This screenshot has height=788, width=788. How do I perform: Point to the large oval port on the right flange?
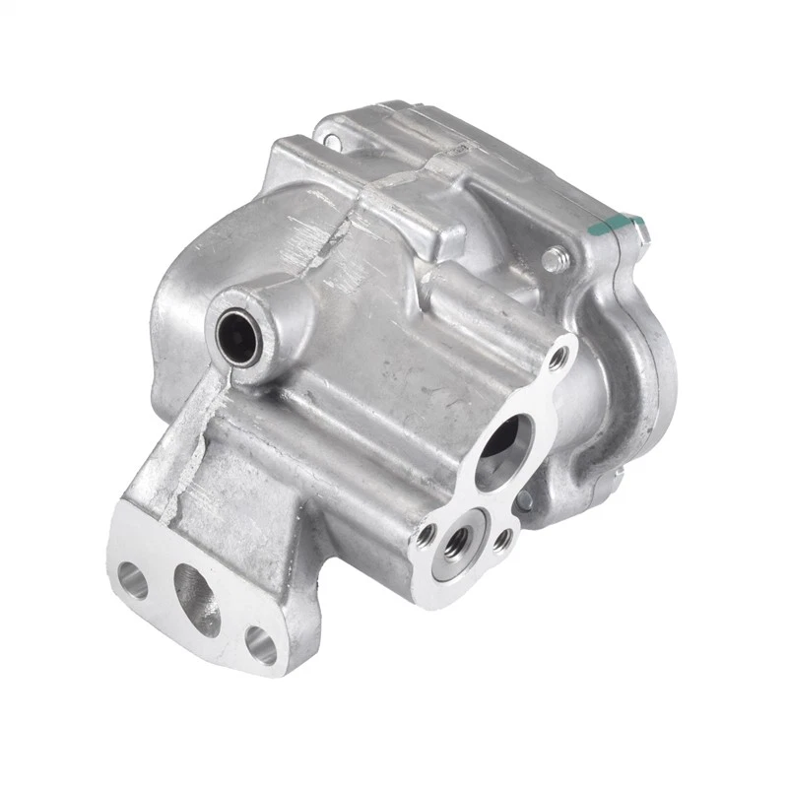504,450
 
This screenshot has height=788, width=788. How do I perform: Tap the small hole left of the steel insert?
427,535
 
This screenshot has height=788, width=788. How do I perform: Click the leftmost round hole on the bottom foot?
132,580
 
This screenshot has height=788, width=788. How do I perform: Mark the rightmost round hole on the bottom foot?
261,645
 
